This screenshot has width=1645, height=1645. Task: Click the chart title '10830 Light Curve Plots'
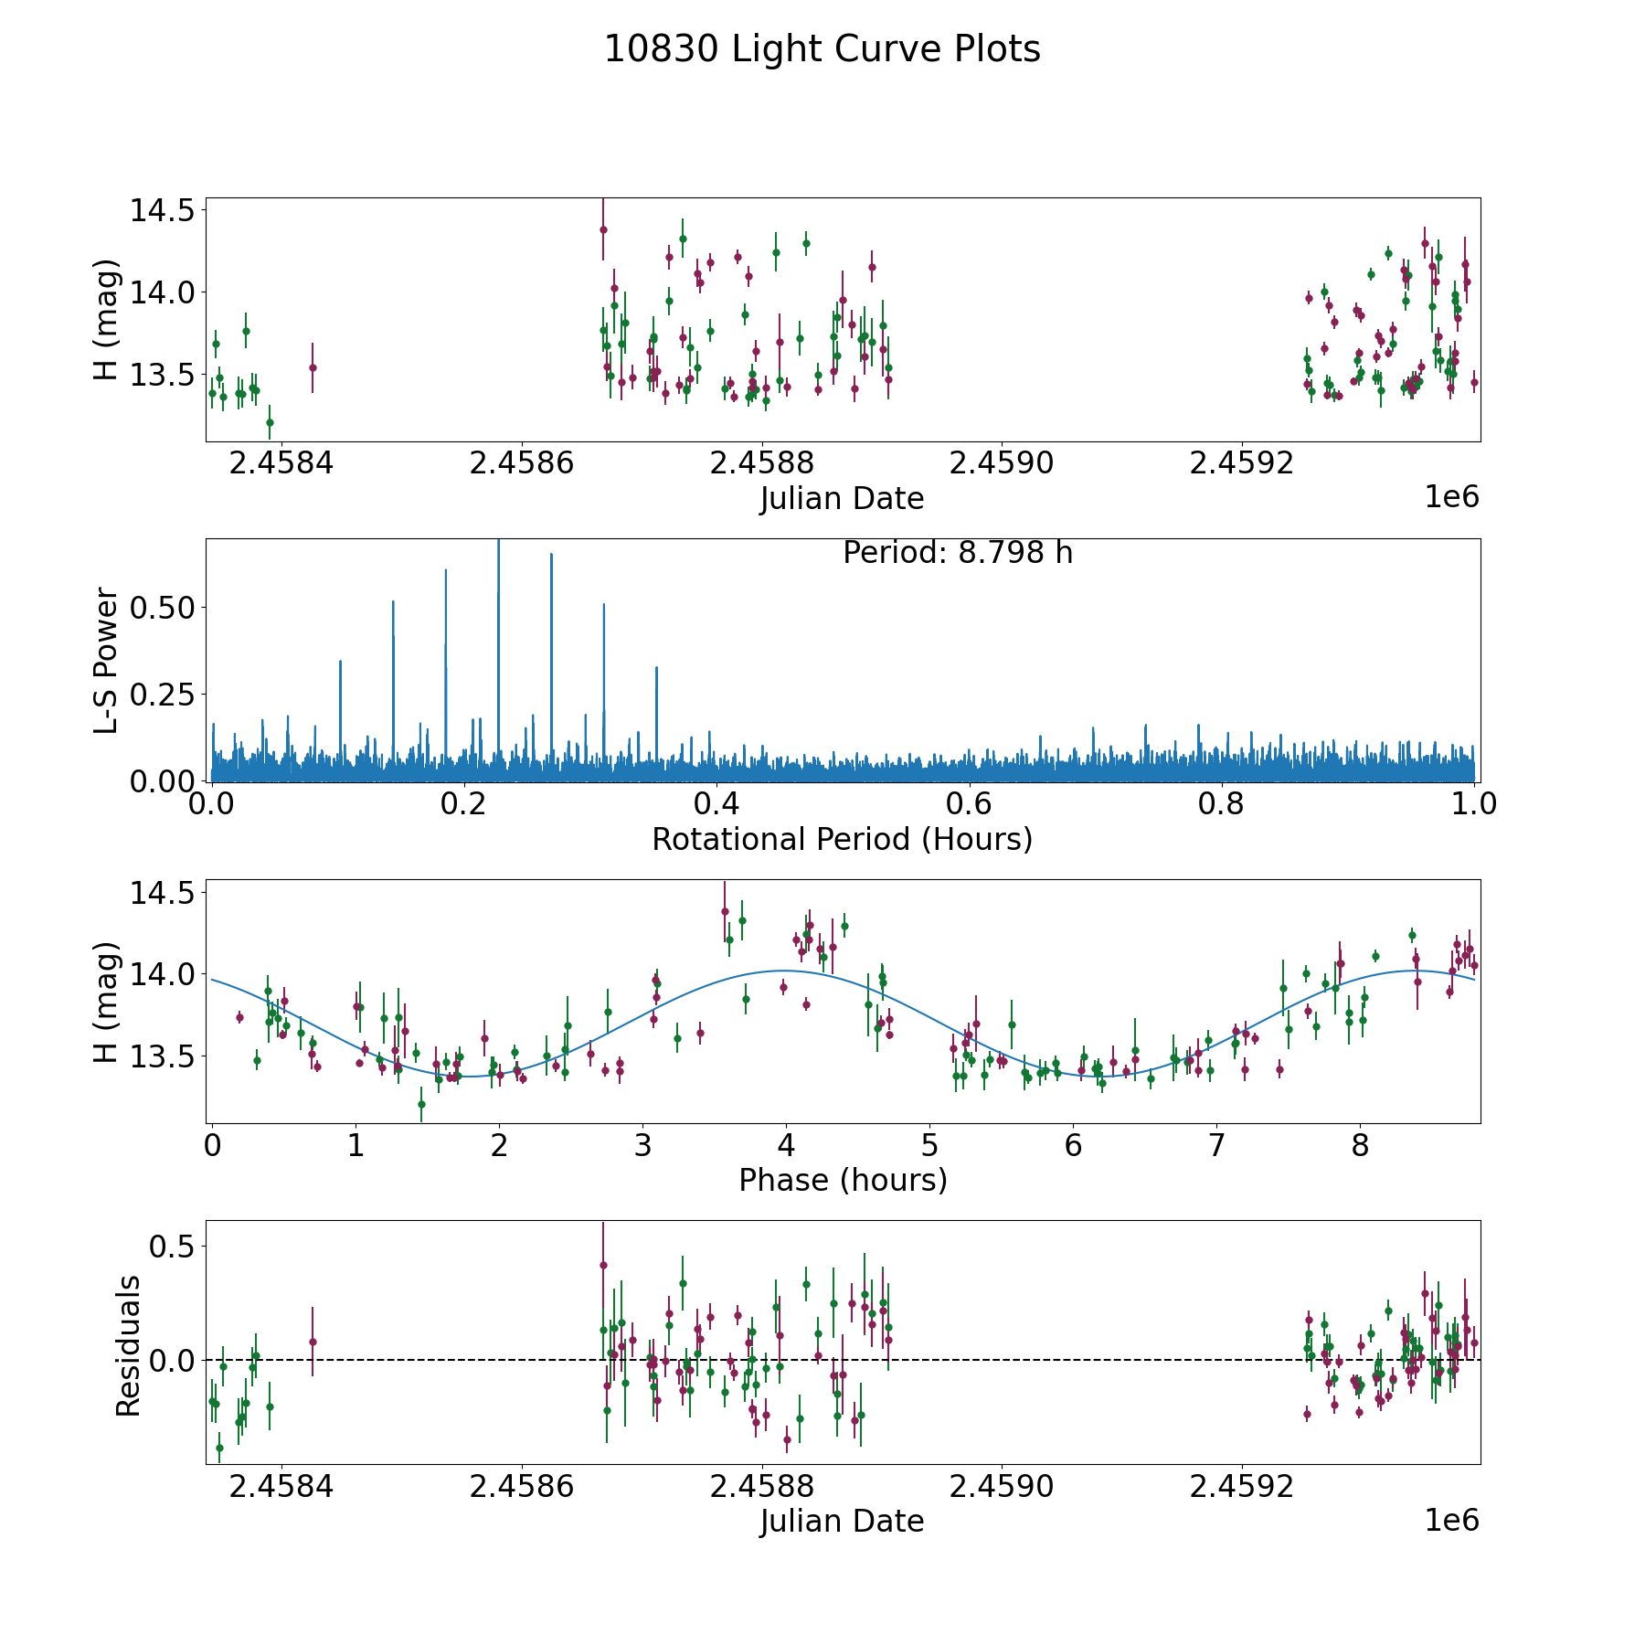822,49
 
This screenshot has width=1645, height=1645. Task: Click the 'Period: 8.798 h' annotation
957,553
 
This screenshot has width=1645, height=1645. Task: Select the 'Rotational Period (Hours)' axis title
842,839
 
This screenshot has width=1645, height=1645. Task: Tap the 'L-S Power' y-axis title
107,661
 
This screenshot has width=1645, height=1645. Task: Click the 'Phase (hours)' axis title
842,1180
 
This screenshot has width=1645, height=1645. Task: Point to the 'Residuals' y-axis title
128,1345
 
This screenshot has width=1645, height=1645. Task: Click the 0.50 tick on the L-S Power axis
162,608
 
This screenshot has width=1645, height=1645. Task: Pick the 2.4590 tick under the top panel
1002,463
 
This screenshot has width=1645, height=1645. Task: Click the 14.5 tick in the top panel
162,210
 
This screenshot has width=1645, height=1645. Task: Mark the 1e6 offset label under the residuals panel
1451,1520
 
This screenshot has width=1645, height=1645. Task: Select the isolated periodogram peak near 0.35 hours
656,668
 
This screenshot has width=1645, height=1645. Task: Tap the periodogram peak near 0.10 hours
340,662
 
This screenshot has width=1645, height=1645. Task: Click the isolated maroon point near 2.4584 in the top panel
313,367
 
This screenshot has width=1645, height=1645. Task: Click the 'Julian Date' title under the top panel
842,499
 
